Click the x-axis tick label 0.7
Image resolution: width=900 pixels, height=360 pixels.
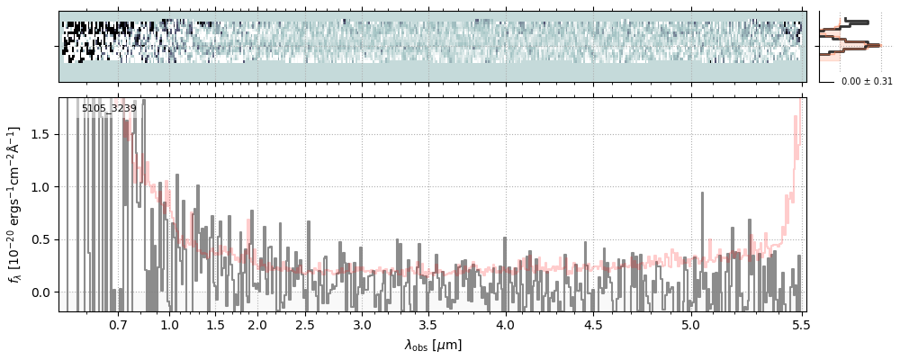118,324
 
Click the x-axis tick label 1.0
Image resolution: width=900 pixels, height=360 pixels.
169,324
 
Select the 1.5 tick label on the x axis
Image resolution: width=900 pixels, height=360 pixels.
215,324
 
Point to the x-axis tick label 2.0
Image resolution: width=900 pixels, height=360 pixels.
257,324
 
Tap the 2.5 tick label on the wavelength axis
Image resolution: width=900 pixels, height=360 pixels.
305,324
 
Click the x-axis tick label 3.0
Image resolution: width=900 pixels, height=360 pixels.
362,324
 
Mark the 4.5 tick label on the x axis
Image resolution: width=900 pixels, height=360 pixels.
596,324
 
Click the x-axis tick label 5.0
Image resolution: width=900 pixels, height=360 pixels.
690,324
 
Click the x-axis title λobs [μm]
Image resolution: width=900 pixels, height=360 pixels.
432,345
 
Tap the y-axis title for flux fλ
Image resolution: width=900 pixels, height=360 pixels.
14,204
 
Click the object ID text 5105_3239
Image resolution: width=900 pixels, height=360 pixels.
109,109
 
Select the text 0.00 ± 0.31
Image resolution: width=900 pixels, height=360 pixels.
867,82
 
